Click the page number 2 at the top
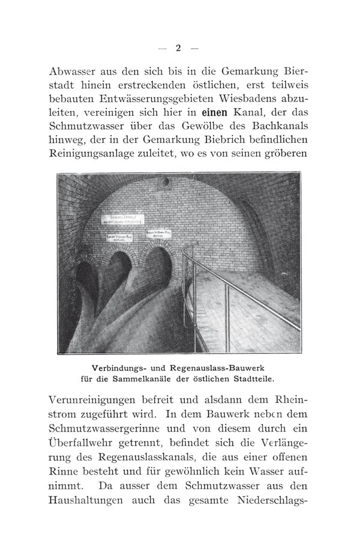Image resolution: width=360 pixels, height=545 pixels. coord(178,49)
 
